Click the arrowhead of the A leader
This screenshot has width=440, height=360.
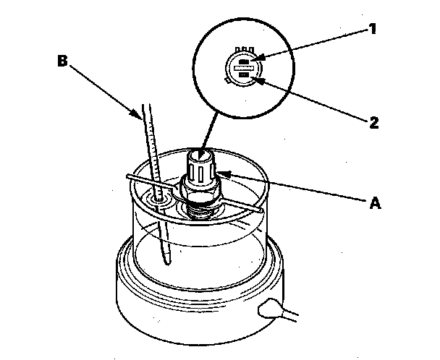[x=222, y=173]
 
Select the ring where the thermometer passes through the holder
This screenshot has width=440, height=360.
[x=157, y=197]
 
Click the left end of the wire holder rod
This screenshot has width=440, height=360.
[x=129, y=176]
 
